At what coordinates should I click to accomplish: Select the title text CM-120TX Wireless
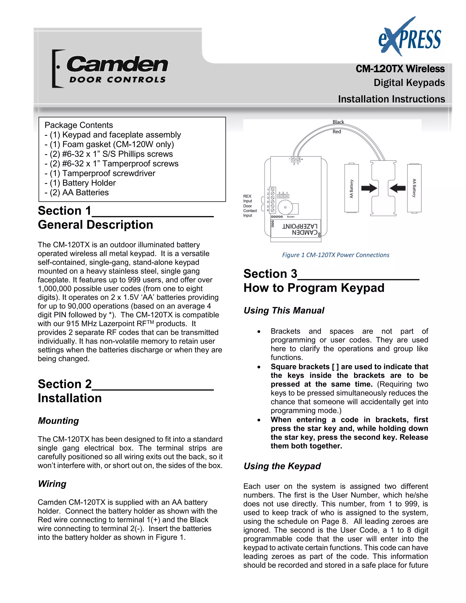(400, 69)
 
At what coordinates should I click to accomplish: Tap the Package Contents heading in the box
(79, 125)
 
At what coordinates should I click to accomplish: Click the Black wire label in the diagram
(338, 122)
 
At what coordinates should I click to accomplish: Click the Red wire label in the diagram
(337, 132)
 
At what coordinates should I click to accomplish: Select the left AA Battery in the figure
(351, 188)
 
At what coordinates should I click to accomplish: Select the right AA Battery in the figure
(414, 188)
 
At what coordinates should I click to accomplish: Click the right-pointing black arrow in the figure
(369, 189)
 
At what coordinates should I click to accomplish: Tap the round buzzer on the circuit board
(285, 207)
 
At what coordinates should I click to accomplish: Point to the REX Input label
(247, 198)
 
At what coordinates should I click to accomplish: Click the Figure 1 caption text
(335, 255)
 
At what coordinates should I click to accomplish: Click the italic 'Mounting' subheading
(58, 421)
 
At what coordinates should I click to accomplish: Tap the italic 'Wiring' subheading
(52, 484)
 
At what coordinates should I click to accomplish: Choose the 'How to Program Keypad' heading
(314, 288)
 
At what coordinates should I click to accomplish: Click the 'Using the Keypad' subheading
(282, 466)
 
